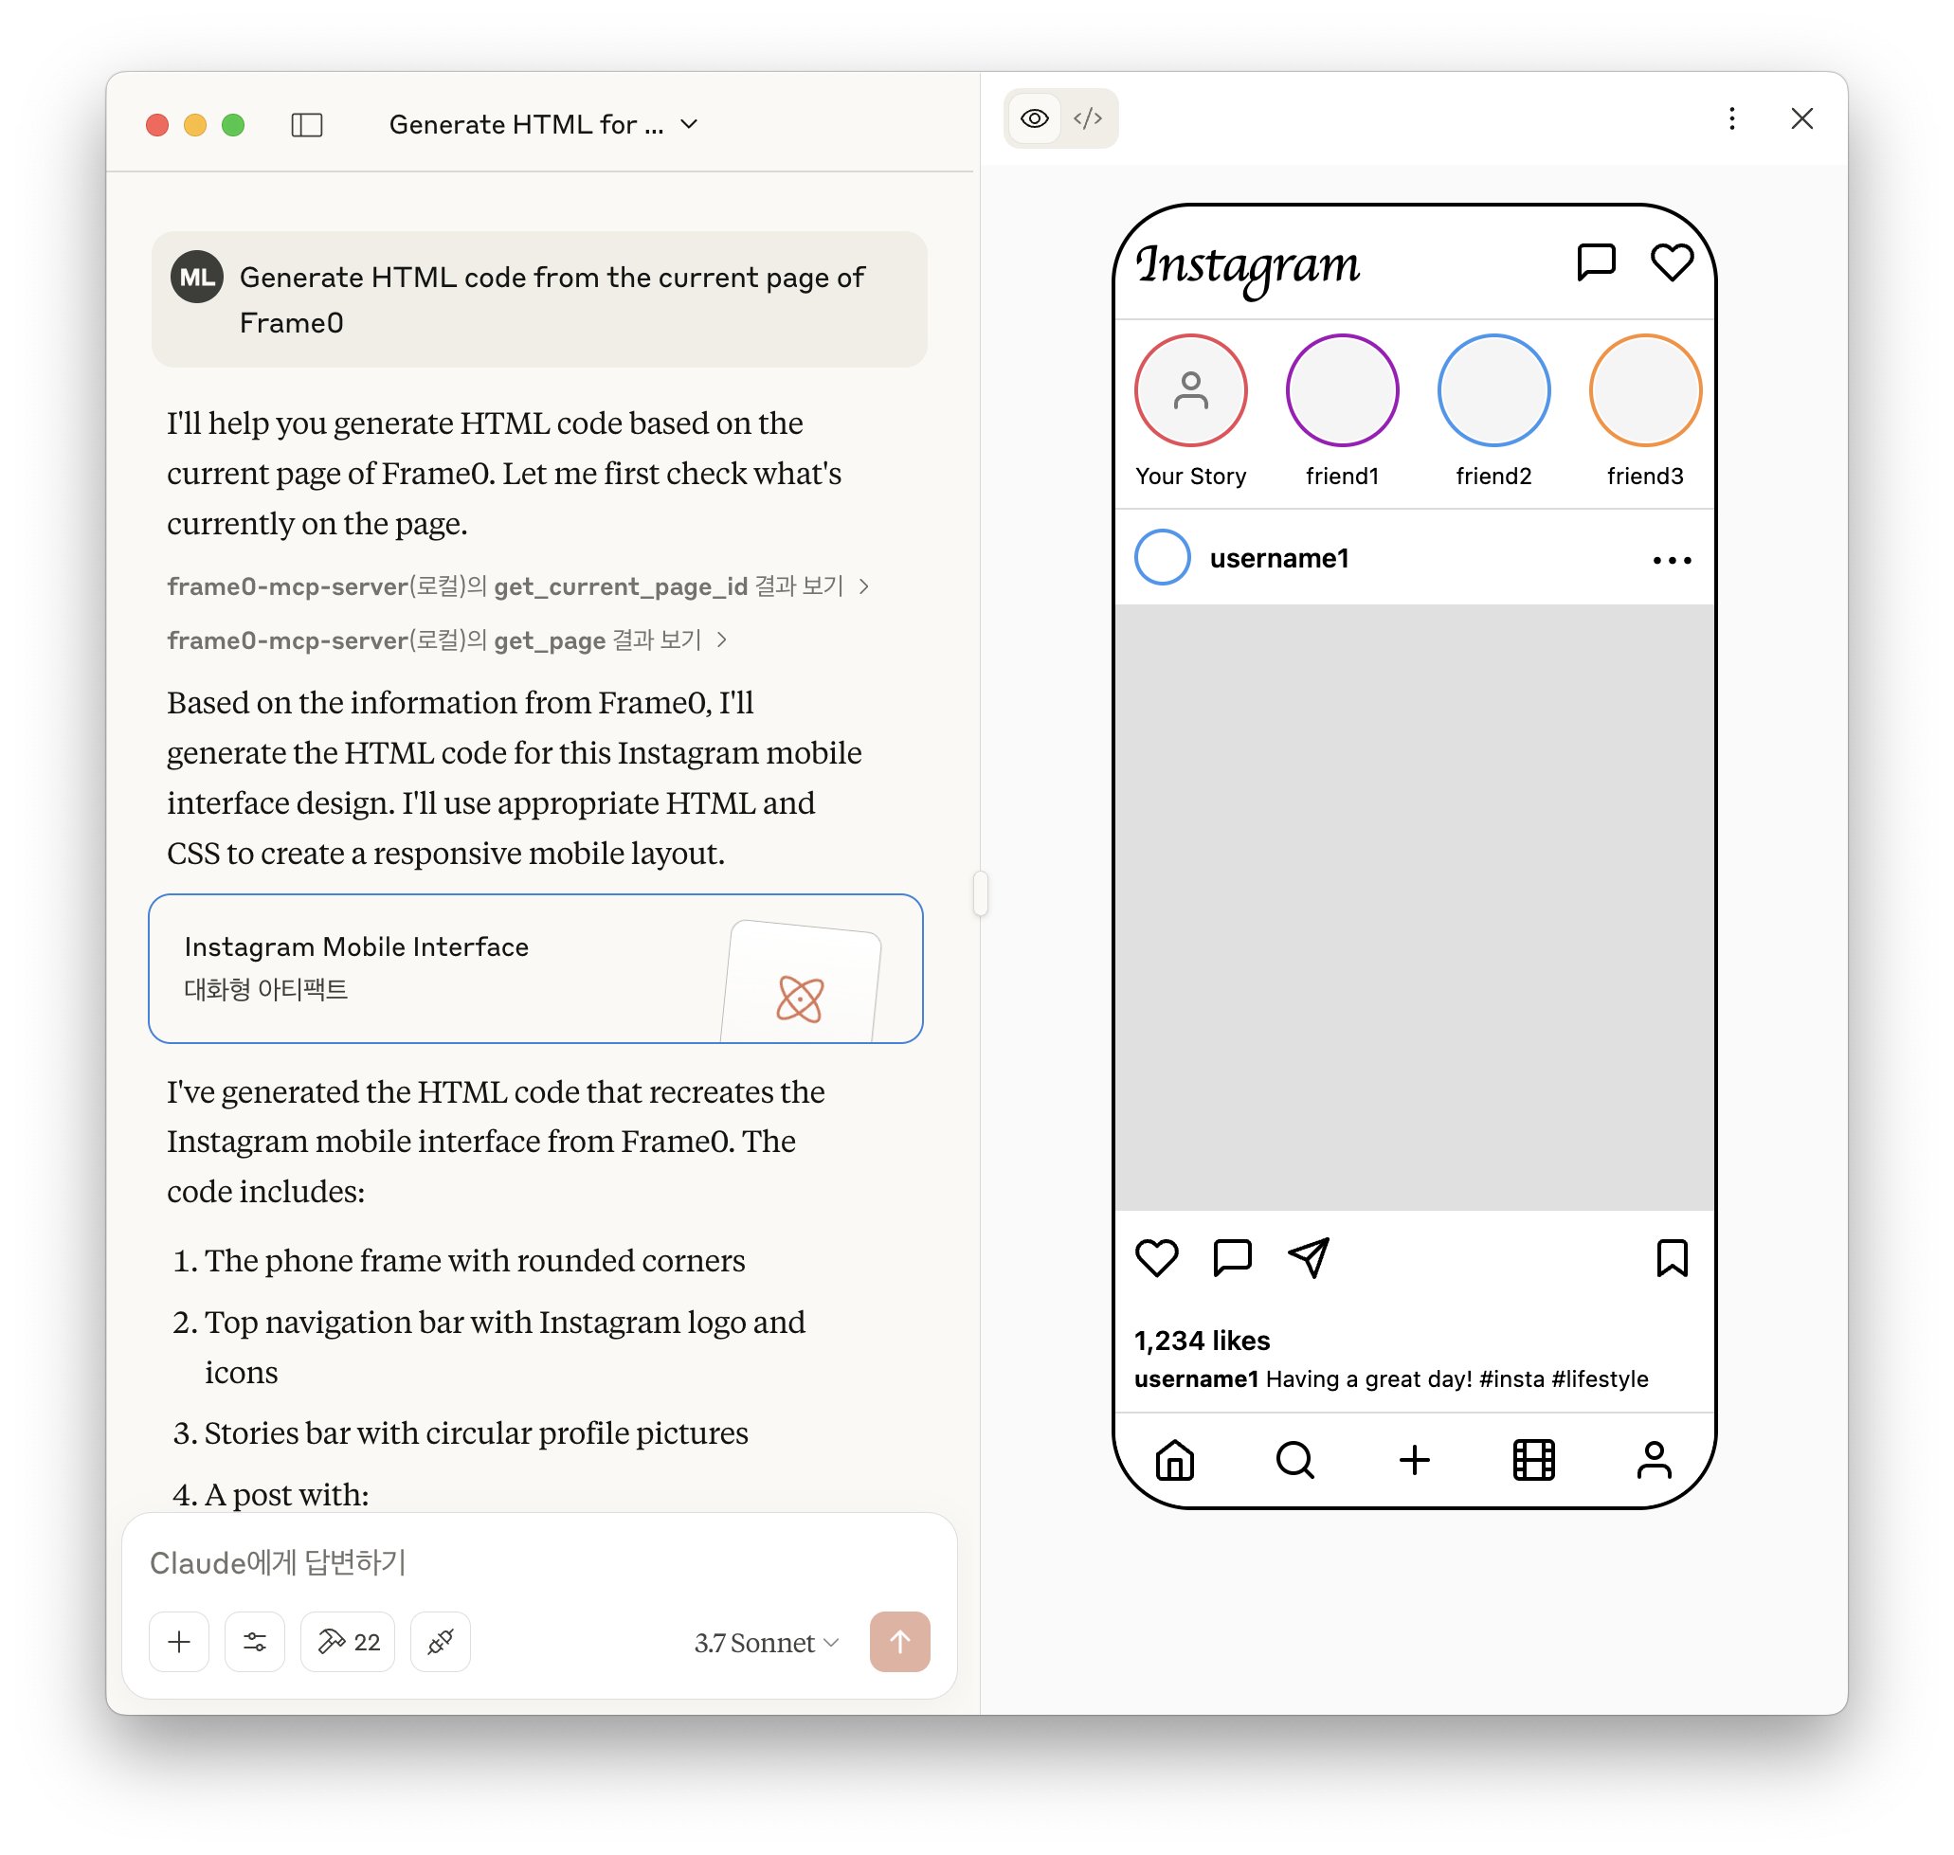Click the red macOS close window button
click(157, 125)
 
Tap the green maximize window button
click(233, 125)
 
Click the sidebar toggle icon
click(306, 125)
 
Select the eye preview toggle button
click(1035, 118)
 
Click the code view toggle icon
click(1088, 118)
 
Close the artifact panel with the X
click(1801, 118)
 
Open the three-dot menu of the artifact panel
click(1731, 118)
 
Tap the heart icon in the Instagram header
click(1672, 262)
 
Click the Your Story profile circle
click(1190, 390)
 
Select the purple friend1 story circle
click(1342, 390)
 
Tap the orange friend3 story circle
click(1644, 390)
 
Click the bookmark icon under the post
click(1672, 1258)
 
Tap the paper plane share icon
click(1309, 1258)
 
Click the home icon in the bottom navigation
click(1175, 1460)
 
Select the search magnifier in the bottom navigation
click(1294, 1460)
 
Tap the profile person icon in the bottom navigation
click(1654, 1460)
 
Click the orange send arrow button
click(899, 1642)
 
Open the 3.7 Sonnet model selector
click(767, 1643)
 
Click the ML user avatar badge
click(197, 277)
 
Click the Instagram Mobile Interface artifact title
click(356, 946)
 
